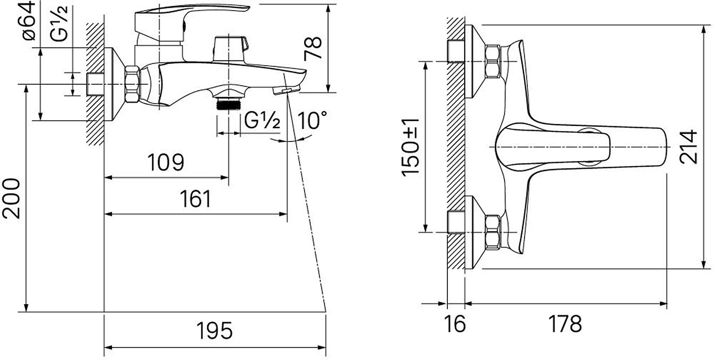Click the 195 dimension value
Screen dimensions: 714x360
coord(215,330)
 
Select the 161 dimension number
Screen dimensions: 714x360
coord(196,199)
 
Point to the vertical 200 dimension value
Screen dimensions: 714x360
coord(11,199)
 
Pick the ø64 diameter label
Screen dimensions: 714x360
coord(29,21)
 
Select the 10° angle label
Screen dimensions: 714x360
coord(312,120)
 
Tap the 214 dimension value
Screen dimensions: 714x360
coord(688,147)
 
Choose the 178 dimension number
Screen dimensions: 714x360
coord(565,324)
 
